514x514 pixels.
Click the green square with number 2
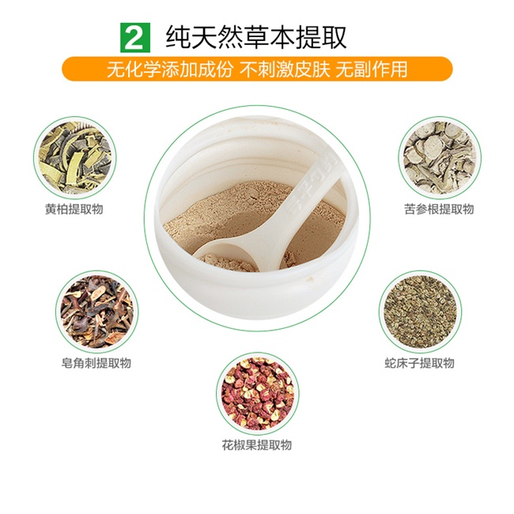[135, 38]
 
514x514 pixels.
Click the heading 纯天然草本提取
[256, 38]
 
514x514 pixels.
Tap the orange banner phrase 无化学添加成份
[170, 69]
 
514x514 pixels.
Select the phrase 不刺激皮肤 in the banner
[285, 69]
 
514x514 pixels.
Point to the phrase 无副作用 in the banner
[371, 69]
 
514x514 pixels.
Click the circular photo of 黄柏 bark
[75, 157]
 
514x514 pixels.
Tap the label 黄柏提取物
[74, 209]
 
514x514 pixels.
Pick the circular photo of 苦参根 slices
[440, 157]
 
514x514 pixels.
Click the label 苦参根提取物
[439, 209]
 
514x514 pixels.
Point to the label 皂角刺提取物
[96, 363]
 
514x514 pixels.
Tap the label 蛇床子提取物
[420, 363]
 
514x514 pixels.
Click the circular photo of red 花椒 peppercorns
[257, 394]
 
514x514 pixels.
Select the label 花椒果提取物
[257, 445]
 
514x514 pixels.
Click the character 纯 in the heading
[179, 38]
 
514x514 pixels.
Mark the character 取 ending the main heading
[334, 38]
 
